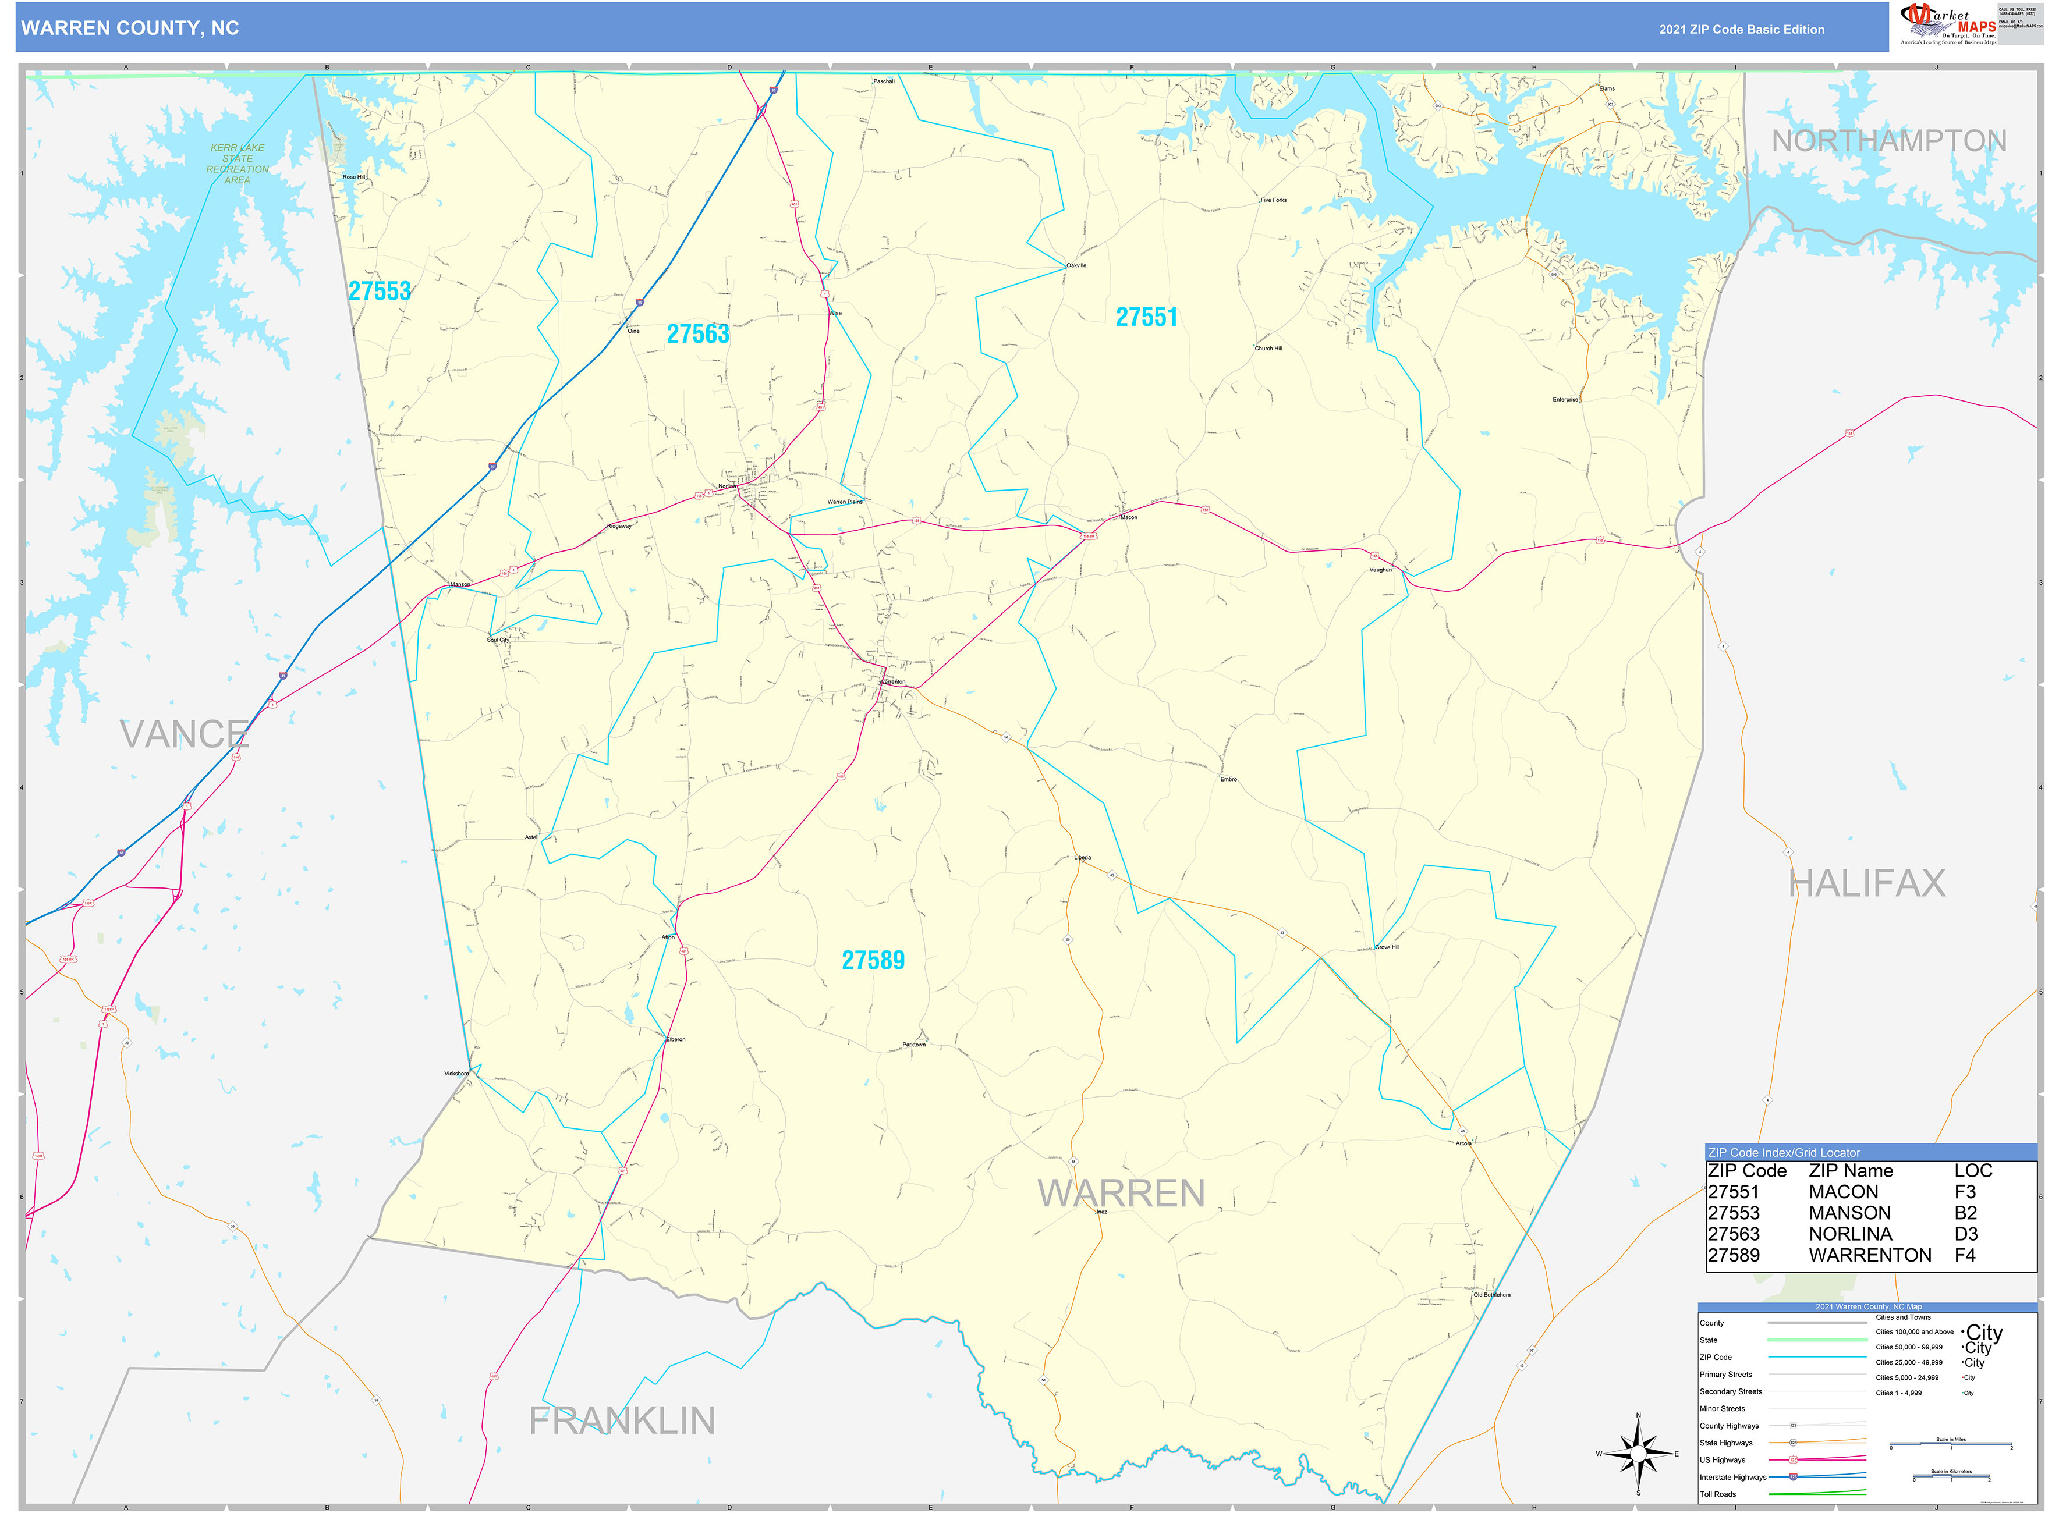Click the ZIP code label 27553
pos(379,291)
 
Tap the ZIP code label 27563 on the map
pos(698,334)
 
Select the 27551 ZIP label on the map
pos(1146,317)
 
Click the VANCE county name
pos(184,734)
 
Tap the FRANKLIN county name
pos(622,1420)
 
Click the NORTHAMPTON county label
pos(1888,141)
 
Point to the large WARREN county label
pos(1121,1194)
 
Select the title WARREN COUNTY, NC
pos(130,29)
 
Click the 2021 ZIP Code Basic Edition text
pos(1741,29)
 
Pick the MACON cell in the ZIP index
pos(1843,1192)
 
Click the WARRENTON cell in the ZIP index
pos(1869,1255)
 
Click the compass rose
pos(1639,1454)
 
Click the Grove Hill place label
pos(1388,947)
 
